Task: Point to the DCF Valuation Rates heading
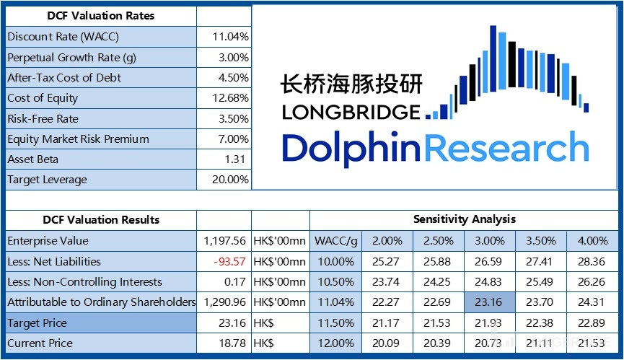(x=100, y=15)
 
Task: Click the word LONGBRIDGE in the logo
(x=351, y=112)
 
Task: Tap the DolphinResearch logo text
(x=435, y=148)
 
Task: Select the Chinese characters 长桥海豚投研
(x=351, y=84)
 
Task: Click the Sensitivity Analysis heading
(x=464, y=219)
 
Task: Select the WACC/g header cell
(x=335, y=241)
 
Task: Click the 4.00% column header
(x=592, y=241)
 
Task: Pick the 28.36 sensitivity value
(x=592, y=261)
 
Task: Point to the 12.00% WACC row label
(x=335, y=343)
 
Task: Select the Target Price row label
(x=37, y=322)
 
